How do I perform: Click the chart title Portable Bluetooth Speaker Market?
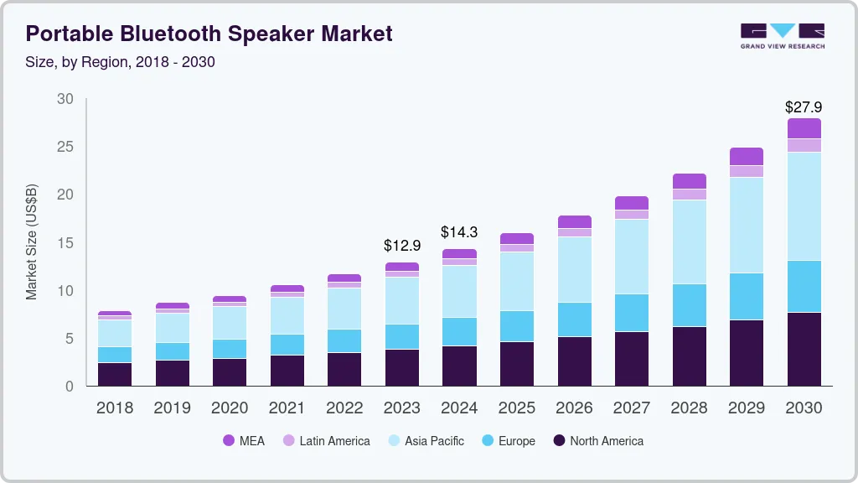[209, 34]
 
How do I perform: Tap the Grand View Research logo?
[782, 35]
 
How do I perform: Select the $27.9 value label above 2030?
[804, 107]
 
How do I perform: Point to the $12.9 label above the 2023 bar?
[401, 246]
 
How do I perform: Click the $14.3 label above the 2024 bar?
[459, 232]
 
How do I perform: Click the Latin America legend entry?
[326, 440]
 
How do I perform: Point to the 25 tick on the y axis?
[65, 147]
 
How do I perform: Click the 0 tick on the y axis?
[70, 387]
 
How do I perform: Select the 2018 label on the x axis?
[114, 408]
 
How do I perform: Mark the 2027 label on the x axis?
[632, 408]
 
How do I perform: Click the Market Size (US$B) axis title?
[32, 242]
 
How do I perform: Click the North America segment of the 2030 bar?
[804, 349]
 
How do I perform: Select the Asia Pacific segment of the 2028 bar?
[690, 241]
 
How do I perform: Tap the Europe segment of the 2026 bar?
[574, 319]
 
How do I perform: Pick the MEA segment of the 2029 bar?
[747, 156]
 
